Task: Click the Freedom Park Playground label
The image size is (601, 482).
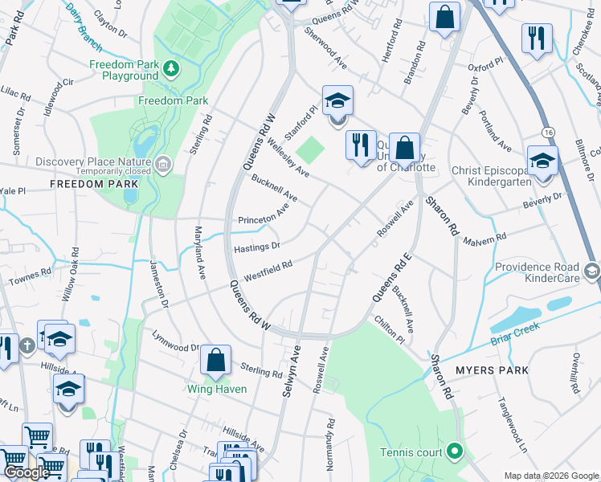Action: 123,70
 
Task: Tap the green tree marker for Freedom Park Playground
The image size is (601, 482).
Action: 170,67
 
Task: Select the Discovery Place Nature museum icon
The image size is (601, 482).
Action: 163,165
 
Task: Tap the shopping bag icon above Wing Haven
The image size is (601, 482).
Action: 216,361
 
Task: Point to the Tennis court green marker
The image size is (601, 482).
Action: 455,452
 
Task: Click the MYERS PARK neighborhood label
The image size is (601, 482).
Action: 491,370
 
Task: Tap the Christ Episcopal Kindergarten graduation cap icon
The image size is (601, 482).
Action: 542,160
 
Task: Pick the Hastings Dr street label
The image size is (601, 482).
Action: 256,247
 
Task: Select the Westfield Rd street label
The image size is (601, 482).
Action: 268,271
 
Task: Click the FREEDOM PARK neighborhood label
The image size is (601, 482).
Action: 85,185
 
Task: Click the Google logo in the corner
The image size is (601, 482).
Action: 27,472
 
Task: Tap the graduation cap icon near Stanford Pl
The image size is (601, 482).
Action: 337,101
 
